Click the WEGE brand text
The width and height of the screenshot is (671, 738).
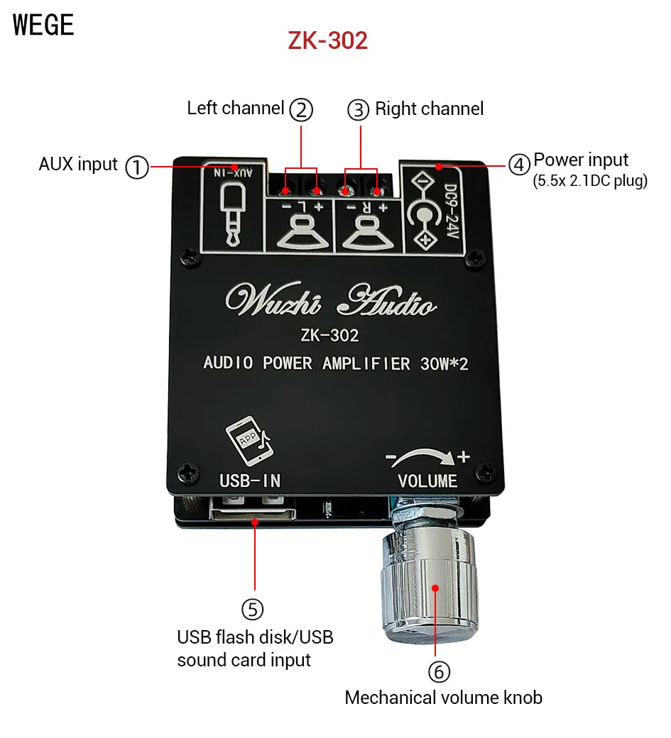(43, 25)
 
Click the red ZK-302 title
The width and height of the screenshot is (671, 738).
(327, 40)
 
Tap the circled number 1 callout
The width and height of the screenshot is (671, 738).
(137, 167)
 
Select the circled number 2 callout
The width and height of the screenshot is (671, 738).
(301, 110)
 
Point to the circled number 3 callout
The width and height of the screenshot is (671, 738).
(359, 110)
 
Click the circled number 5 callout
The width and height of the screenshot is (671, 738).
(252, 609)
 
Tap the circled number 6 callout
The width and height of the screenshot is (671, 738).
(439, 671)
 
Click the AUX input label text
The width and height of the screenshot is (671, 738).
(78, 165)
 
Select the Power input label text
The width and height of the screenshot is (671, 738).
(581, 160)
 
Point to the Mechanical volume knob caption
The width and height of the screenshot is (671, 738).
(443, 698)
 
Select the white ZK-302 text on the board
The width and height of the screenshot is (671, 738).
(329, 336)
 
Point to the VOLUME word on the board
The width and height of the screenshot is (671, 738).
(427, 480)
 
